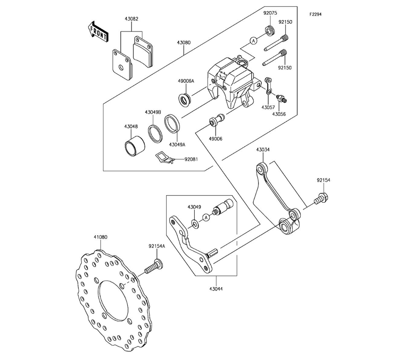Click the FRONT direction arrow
point(98,32)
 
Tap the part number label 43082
point(131,19)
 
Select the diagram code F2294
point(316,14)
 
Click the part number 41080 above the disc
point(101,237)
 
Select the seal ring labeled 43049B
point(156,134)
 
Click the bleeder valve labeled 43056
point(281,98)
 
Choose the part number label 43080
point(184,42)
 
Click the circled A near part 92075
point(253,40)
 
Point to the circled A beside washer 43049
point(206,217)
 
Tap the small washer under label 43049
point(195,223)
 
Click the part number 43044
point(216,289)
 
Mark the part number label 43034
point(263,150)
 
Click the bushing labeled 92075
point(270,31)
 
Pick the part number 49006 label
point(216,139)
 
